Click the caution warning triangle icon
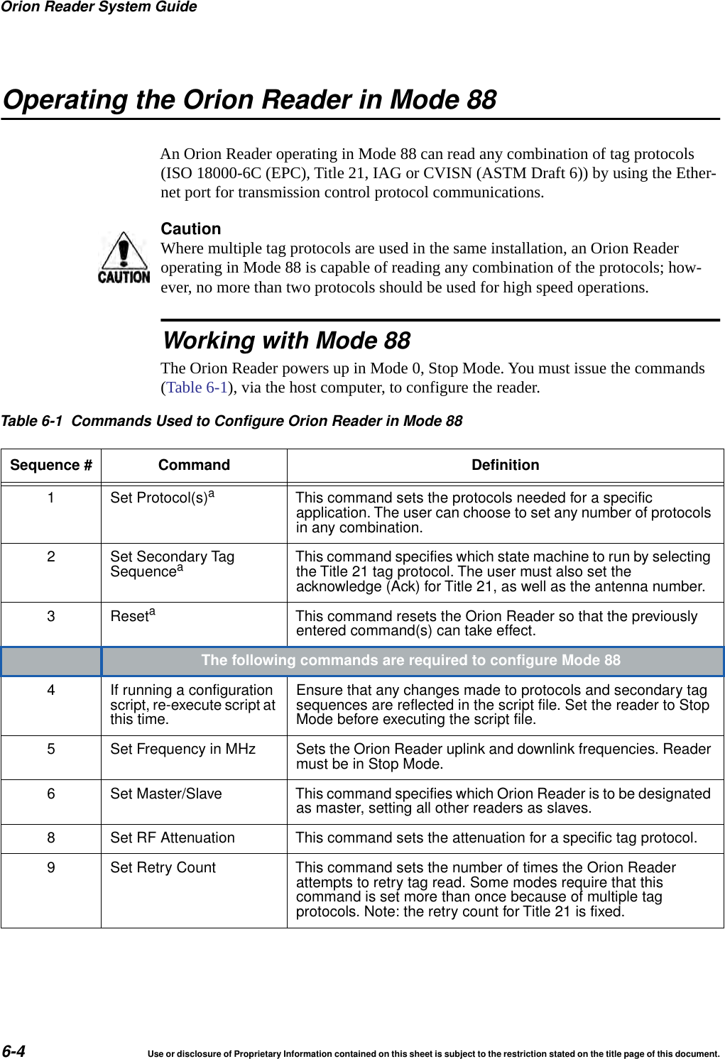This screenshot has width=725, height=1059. [x=124, y=258]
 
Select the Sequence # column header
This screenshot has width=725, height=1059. [x=51, y=465]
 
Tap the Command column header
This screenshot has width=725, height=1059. [x=194, y=465]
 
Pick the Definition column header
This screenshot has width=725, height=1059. [x=505, y=465]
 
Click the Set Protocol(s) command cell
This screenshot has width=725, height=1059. [x=162, y=498]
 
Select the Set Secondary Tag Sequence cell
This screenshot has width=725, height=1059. [x=172, y=564]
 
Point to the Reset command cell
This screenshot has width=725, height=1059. [x=132, y=615]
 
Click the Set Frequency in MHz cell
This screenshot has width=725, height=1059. [x=182, y=749]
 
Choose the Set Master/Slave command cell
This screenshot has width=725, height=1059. [x=166, y=794]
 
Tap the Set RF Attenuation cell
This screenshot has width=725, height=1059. [x=173, y=838]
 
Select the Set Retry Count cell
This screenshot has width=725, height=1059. [x=163, y=867]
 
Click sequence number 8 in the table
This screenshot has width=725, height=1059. [x=51, y=838]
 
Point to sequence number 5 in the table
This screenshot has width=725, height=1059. [x=51, y=749]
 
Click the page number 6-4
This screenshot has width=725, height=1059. [x=13, y=1051]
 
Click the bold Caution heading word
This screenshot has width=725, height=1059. [x=191, y=229]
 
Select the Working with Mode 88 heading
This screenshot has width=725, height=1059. [x=287, y=341]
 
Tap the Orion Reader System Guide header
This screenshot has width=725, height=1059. [x=99, y=7]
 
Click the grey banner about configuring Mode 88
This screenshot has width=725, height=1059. [x=410, y=661]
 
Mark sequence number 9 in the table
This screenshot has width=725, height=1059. [x=51, y=867]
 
